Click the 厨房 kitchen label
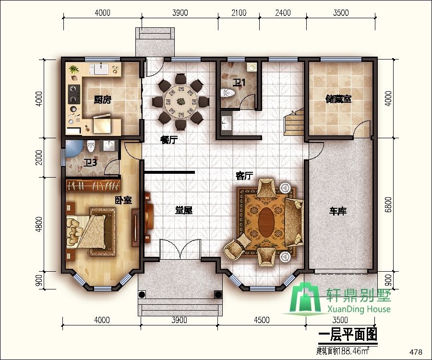tap(102, 100)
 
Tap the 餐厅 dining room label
tap(169, 140)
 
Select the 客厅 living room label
tap(244, 176)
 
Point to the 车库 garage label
tap(338, 211)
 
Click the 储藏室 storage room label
tap(338, 99)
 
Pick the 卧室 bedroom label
tap(123, 200)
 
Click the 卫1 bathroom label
tap(239, 83)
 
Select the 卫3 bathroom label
tap(90, 163)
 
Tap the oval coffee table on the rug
tap(267, 221)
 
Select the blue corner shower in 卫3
tap(73, 148)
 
